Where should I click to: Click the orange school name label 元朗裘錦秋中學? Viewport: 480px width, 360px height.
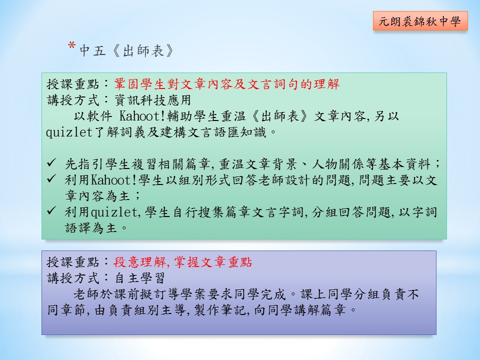point(420,21)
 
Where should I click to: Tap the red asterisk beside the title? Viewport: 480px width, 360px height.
point(72,46)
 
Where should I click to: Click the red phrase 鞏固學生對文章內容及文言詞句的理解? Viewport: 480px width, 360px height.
point(227,84)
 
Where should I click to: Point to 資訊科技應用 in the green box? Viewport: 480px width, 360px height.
point(153,100)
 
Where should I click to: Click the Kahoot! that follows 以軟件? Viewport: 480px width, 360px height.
point(142,116)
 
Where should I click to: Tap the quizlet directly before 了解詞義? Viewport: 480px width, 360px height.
point(69,132)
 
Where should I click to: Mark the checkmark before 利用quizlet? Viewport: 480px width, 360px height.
point(51,210)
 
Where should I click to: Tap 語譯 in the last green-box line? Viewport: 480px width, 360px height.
point(78,228)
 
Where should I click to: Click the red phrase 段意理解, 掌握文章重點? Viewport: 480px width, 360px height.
point(183,262)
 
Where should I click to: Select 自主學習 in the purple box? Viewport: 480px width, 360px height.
point(140,278)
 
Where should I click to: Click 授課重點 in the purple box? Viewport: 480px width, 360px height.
point(73,262)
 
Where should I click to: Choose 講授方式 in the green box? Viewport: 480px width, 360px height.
point(73,100)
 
